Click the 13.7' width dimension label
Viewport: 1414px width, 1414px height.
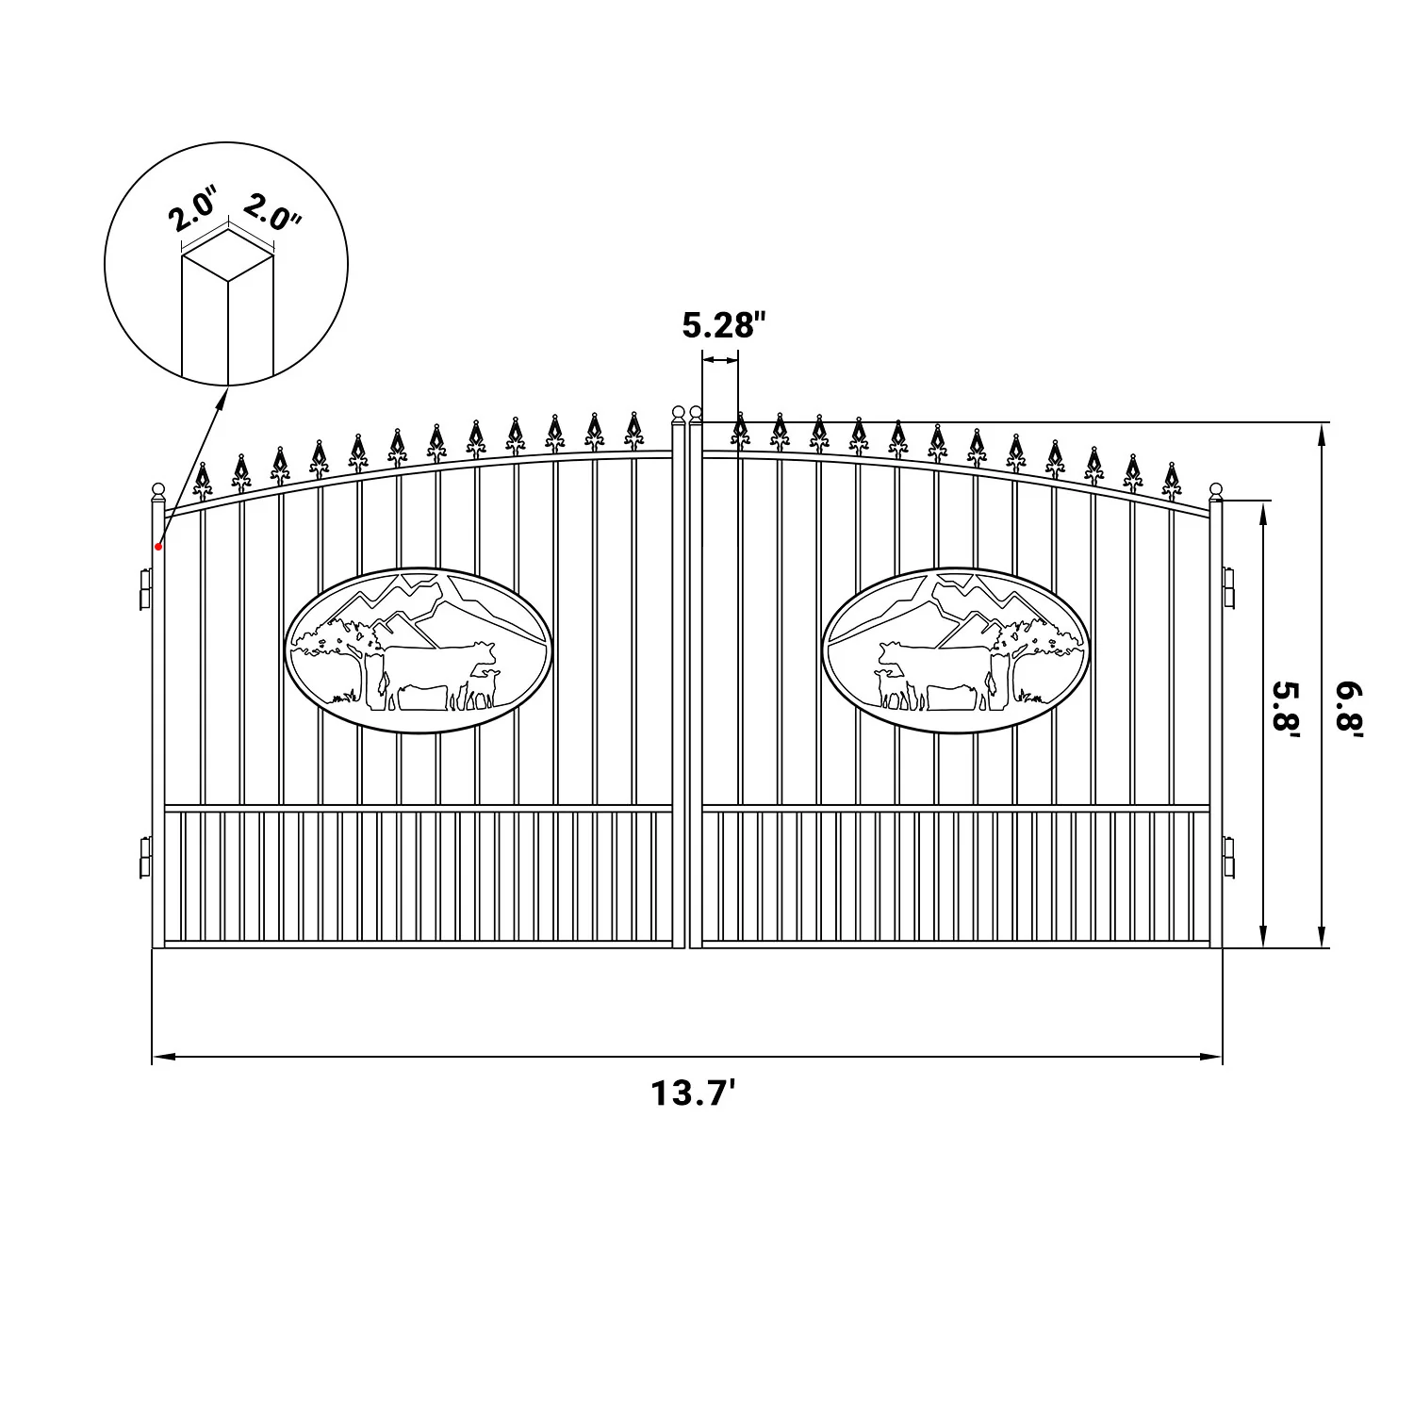pyautogui.click(x=693, y=1094)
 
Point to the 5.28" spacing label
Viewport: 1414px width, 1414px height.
pyautogui.click(x=720, y=326)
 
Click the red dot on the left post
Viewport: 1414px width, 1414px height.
pyautogui.click(x=159, y=546)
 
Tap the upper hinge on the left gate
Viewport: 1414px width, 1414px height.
pyautogui.click(x=144, y=588)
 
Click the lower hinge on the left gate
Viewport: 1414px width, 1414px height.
pyautogui.click(x=144, y=857)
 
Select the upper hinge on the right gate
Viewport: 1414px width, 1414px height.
pyautogui.click(x=1229, y=588)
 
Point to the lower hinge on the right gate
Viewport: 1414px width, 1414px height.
pyautogui.click(x=1229, y=857)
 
